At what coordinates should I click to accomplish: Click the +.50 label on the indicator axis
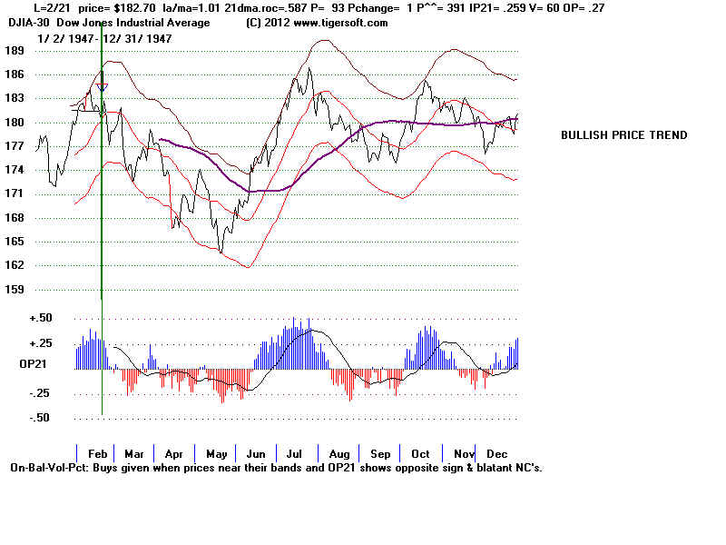point(15,319)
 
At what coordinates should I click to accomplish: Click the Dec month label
point(496,452)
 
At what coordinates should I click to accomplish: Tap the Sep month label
point(381,452)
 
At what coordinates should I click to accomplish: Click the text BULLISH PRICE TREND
point(623,134)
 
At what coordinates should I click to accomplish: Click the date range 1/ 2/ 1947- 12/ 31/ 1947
point(105,38)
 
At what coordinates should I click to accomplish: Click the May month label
point(217,452)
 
